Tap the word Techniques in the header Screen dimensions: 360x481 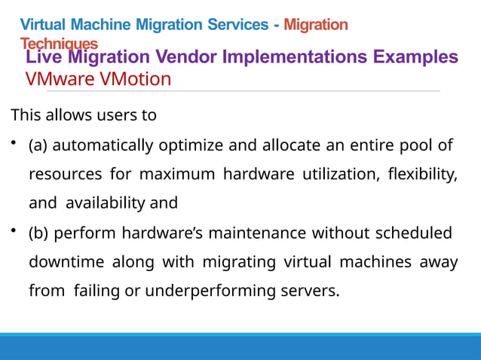point(59,44)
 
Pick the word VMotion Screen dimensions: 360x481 point(133,78)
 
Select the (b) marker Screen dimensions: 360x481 point(39,233)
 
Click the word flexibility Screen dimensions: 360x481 point(421,174)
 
